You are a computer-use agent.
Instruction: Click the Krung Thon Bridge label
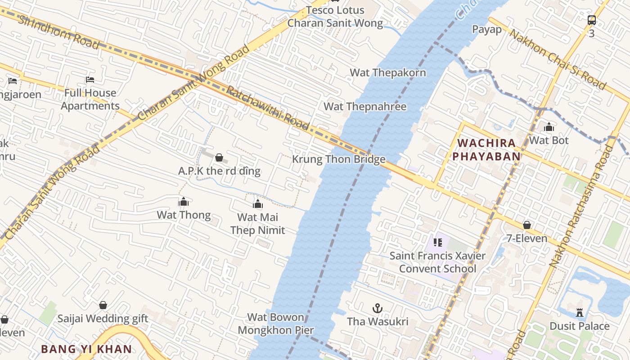click(x=338, y=159)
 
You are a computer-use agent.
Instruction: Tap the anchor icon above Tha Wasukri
click(x=378, y=308)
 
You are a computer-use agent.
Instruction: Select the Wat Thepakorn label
click(x=387, y=72)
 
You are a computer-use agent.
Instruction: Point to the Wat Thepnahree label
click(x=365, y=107)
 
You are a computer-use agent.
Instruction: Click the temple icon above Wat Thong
click(x=184, y=202)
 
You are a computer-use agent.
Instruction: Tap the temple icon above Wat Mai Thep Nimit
click(x=258, y=204)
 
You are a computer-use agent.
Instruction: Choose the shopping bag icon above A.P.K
click(x=219, y=157)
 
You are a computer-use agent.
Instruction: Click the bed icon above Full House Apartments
click(x=90, y=80)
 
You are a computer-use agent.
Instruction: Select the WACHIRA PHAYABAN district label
click(x=486, y=150)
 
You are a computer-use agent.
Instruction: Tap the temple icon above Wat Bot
click(x=549, y=127)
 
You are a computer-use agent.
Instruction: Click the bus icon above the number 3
click(x=592, y=20)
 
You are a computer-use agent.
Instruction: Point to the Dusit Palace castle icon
click(x=580, y=312)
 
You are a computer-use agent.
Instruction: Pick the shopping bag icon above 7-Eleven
click(x=527, y=225)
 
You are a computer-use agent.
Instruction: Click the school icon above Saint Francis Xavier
click(x=438, y=242)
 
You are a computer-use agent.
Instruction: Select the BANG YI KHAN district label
click(x=86, y=349)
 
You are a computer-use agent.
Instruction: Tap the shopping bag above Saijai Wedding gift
click(x=103, y=305)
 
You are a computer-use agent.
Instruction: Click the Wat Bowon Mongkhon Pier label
click(x=275, y=324)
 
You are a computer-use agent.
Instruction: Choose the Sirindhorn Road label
click(x=58, y=32)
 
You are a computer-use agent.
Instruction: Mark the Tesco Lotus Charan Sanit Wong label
click(x=335, y=17)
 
